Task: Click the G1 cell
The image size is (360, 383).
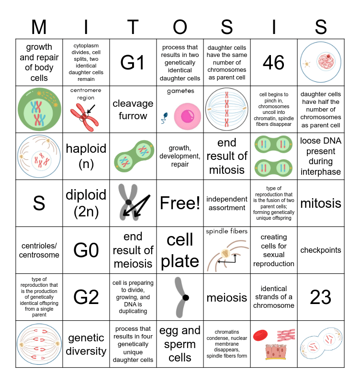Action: point(133,63)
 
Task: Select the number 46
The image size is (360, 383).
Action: point(274,63)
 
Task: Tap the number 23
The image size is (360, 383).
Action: point(321,297)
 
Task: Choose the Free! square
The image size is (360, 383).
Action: point(180,203)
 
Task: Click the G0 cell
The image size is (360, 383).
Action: point(86,250)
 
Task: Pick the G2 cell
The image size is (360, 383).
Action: point(86,297)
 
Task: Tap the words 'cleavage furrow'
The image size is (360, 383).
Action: point(133,110)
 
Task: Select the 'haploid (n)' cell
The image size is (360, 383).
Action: point(86,156)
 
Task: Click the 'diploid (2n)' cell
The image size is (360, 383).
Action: point(86,203)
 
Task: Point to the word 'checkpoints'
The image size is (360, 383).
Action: point(321,250)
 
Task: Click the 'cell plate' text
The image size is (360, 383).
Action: point(180,250)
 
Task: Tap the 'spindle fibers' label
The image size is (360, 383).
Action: point(227,231)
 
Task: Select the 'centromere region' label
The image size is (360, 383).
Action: point(86,94)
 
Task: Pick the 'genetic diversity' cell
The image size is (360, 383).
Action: point(86,344)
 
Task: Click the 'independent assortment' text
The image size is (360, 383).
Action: point(227,203)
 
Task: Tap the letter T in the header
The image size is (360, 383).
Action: point(133,27)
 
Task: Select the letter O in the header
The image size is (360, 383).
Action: point(180,27)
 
